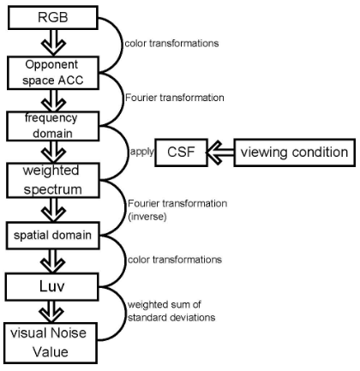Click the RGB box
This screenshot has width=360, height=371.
(53, 18)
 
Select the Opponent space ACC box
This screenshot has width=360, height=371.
(53, 73)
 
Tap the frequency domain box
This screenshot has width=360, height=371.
(53, 126)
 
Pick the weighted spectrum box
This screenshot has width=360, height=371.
(53, 180)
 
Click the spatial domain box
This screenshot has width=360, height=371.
(53, 236)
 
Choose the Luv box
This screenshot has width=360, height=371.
(52, 286)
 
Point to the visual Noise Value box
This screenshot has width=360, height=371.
(51, 343)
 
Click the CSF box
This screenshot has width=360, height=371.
(181, 153)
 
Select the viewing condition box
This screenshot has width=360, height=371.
(295, 153)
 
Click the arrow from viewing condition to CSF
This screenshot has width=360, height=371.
(220, 153)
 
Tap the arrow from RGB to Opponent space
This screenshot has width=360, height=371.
(53, 43)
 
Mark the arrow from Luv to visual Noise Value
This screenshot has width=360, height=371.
(51, 312)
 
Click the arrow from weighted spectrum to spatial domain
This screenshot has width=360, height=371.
(53, 210)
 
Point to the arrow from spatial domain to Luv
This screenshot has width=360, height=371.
(53, 261)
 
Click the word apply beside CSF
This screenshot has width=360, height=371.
(141, 152)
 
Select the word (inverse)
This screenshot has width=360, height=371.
(147, 217)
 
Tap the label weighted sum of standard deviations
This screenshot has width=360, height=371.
(171, 311)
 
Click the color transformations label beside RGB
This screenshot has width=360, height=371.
(171, 44)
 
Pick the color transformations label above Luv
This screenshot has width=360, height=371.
(175, 260)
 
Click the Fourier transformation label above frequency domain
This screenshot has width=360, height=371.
(175, 98)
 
